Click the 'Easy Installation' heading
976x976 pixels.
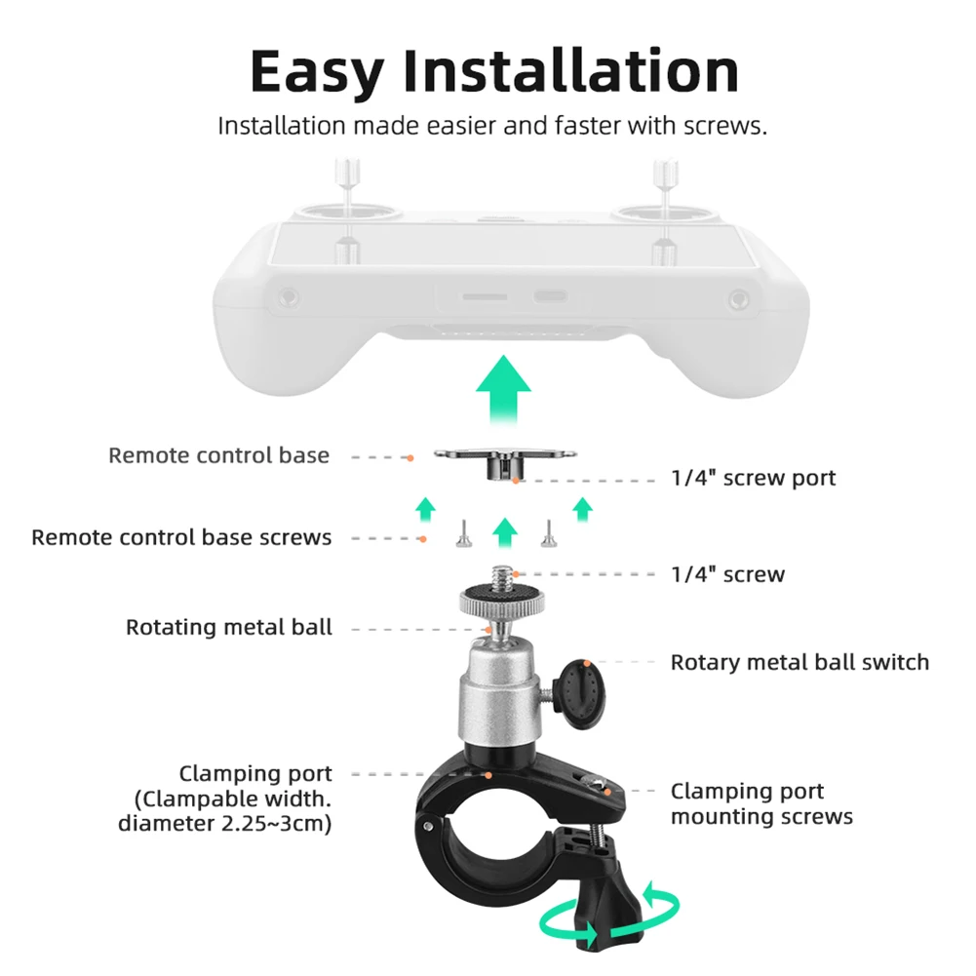coord(495,72)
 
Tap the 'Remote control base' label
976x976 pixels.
coord(218,455)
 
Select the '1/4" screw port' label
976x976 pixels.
coord(753,478)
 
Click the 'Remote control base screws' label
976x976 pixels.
coord(181,537)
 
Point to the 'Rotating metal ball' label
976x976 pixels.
coord(229,627)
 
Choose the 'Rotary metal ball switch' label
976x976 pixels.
coord(800,662)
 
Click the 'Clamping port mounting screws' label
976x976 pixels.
coord(761,803)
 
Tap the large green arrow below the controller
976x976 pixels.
coord(503,390)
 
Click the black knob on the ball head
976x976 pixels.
coord(581,694)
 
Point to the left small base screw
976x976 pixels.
coord(464,533)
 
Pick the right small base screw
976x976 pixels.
coord(548,533)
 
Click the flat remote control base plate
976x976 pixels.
coord(505,453)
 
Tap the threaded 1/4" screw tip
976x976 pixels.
coord(502,576)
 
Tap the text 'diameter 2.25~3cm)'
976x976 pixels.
coord(224,824)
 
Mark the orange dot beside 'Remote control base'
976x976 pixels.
coord(410,458)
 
